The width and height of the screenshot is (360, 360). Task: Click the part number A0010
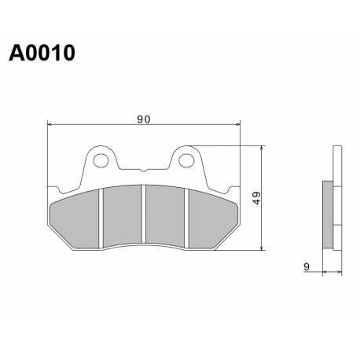click(x=42, y=53)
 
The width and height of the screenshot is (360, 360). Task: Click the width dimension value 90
click(x=144, y=119)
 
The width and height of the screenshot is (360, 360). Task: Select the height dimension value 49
click(x=257, y=198)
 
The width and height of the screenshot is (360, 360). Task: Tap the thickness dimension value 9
click(x=307, y=266)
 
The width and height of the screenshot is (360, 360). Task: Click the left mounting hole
click(x=101, y=160)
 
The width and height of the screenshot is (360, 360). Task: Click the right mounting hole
click(x=186, y=160)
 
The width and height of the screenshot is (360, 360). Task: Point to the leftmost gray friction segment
click(x=74, y=219)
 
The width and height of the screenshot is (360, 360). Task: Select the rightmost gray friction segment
click(x=213, y=219)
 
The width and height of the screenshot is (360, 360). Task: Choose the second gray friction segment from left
click(x=123, y=215)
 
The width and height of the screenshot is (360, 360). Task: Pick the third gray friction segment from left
click(x=165, y=215)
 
